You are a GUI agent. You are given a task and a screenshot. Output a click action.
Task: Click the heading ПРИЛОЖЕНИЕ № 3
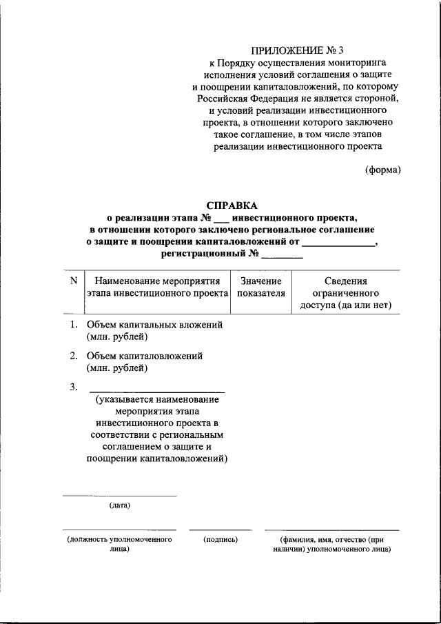[296, 50]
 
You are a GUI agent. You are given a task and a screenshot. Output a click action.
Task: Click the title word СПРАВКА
[232, 205]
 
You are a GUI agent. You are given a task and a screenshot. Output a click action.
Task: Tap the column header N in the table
[73, 281]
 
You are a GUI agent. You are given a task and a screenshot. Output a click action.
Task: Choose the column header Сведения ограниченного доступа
[345, 293]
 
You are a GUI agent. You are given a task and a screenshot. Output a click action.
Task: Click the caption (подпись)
[220, 539]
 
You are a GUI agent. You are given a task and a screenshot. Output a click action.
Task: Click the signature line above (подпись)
[220, 530]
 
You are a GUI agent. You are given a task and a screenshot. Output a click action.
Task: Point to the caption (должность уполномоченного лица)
[119, 544]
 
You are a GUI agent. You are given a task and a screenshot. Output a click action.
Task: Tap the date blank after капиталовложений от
[339, 242]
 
